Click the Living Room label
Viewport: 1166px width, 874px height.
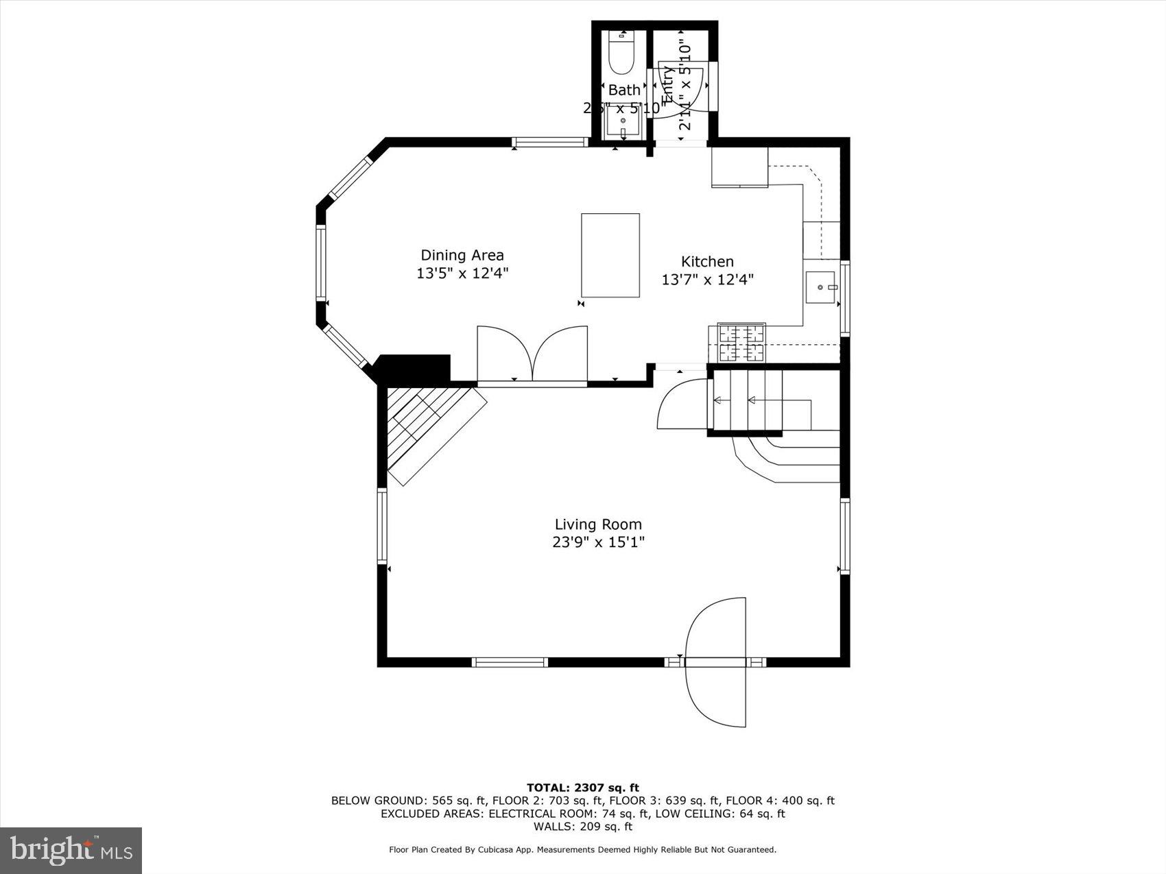click(598, 524)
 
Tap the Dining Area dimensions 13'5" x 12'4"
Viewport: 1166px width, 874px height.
click(462, 274)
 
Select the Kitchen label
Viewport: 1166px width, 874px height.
click(707, 261)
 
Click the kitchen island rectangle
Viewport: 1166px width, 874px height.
click(610, 255)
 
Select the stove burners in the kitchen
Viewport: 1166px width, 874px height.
click(741, 343)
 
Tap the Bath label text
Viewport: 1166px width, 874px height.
click(624, 90)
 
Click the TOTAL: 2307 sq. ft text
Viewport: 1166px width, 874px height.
click(582, 788)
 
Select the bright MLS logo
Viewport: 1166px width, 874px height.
click(71, 850)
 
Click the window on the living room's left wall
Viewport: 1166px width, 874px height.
click(382, 526)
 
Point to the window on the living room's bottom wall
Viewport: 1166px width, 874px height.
click(510, 662)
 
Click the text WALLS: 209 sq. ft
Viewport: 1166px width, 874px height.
click(582, 827)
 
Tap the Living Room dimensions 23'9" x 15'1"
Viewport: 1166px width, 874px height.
click(598, 542)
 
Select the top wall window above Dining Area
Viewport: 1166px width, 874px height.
click(550, 143)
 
